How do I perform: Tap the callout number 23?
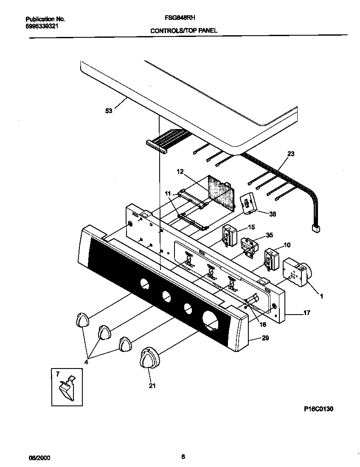tap(290, 154)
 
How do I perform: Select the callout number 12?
tap(180, 172)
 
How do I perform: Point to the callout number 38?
tap(272, 214)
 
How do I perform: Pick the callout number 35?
tap(269, 235)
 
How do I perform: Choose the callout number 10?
tap(287, 245)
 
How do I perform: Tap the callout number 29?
tap(265, 338)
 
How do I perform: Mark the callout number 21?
tap(152, 385)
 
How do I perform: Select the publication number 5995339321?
tap(42, 26)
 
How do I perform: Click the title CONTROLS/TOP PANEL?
tap(184, 31)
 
